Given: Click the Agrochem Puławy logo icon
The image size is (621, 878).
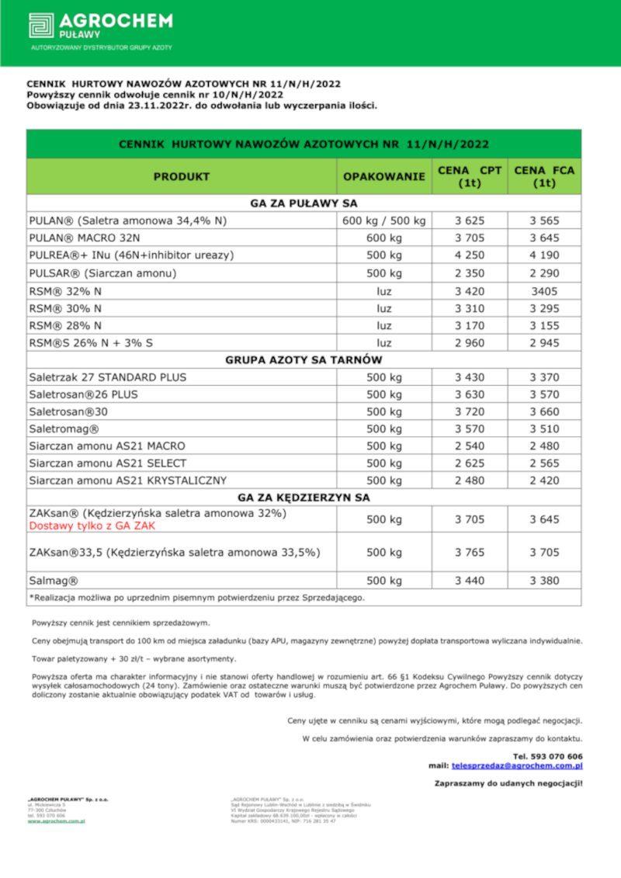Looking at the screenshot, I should pos(41,26).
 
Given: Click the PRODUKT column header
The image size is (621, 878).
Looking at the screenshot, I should pos(181,177).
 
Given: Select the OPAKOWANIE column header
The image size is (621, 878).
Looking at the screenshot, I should pos(384,177).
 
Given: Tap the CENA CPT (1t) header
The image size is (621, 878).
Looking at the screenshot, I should pos(470,177).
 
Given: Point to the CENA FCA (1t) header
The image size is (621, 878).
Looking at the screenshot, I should pos(544,177).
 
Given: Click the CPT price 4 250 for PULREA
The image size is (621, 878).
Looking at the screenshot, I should pos(470,255).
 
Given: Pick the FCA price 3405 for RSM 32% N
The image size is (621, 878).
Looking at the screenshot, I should pos(544,290).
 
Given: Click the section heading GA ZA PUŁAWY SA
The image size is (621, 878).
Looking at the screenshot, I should pos(304,203).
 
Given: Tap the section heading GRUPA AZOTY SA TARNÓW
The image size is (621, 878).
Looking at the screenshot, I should pos(304,360).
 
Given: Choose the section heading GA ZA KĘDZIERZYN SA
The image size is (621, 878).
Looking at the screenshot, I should pos(304,498).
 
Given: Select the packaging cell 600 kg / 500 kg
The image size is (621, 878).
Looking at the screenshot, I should pos(384,220).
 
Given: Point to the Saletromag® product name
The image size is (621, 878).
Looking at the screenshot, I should pos(64,429).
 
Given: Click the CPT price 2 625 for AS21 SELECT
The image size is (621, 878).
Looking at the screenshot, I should pos(470,463).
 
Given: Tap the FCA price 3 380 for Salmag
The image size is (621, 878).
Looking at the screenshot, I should pos(544,581).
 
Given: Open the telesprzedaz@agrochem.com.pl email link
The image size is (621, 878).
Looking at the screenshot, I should pos(517,765).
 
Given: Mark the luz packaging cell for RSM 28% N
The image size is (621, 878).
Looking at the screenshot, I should pos(384,325).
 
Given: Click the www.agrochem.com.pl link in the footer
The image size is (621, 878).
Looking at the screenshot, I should pos(56,821).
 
